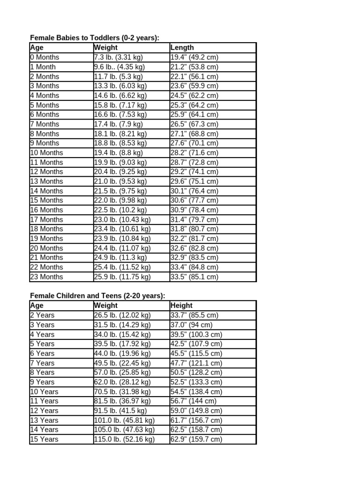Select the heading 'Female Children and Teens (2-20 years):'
tap(97, 296)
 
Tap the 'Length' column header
tap(182, 47)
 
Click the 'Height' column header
tap(182, 306)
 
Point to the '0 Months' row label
tap(45, 57)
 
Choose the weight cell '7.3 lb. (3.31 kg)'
tap(119, 57)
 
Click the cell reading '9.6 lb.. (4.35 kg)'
tap(120, 67)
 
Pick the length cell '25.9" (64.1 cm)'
tap(195, 114)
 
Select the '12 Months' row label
tap(47, 172)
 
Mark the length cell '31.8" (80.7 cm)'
tap(195, 229)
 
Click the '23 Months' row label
tap(47, 277)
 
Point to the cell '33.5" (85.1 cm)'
tap(195, 277)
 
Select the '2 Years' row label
tap(43, 315)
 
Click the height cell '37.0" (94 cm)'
tap(192, 325)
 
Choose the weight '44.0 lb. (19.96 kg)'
tap(122, 353)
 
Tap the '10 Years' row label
tap(45, 391)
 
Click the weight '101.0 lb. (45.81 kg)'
tap(124, 420)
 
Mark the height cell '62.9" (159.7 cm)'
tap(196, 439)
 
